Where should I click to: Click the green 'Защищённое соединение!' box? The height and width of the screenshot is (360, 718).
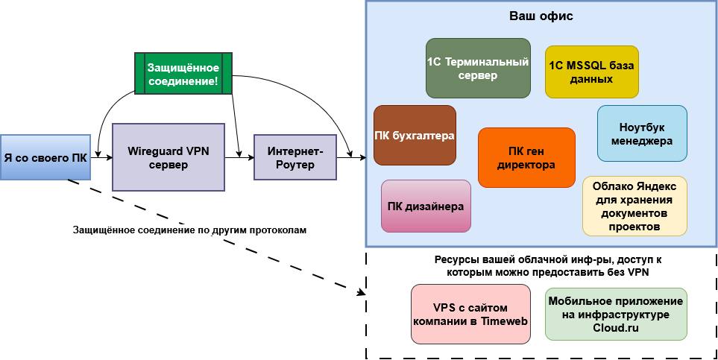pyautogui.click(x=183, y=73)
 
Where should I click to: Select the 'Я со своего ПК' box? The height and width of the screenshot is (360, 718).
pyautogui.click(x=45, y=157)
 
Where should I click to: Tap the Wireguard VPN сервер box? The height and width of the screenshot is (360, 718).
pyautogui.click(x=168, y=157)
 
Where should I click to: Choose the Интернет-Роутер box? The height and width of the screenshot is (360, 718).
pyautogui.click(x=295, y=157)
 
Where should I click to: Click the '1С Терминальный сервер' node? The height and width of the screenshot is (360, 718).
pyautogui.click(x=477, y=69)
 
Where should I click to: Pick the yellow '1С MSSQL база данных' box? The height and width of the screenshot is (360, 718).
pyautogui.click(x=591, y=72)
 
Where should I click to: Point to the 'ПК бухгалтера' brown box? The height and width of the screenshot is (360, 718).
pyautogui.click(x=415, y=135)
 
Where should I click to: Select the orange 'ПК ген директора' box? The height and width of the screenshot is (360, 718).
pyautogui.click(x=526, y=157)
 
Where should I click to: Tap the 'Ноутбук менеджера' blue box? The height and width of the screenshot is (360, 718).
pyautogui.click(x=642, y=133)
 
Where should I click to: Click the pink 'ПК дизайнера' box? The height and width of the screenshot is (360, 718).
pyautogui.click(x=426, y=206)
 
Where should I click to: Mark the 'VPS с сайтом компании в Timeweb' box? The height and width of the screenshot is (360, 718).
pyautogui.click(x=470, y=314)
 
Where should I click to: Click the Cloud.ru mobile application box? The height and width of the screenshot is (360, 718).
pyautogui.click(x=616, y=314)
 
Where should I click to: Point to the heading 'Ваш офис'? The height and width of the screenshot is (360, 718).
pyautogui.click(x=541, y=16)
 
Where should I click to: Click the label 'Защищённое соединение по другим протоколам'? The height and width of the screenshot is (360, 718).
pyautogui.click(x=190, y=230)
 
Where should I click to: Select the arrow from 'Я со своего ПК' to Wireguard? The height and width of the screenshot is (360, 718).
pyautogui.click(x=101, y=157)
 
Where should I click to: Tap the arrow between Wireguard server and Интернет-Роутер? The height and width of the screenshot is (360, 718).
pyautogui.click(x=239, y=157)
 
